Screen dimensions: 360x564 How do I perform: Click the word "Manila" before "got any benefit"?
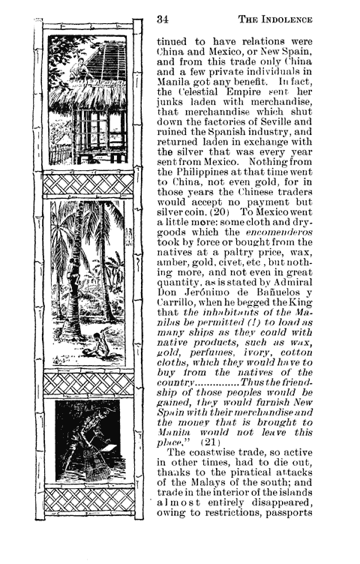pos(174,77)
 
